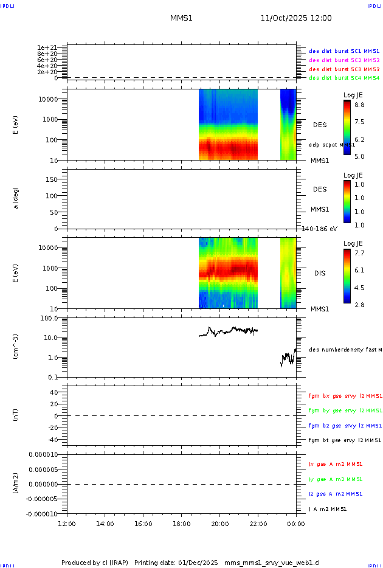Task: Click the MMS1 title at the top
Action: [x=181, y=18]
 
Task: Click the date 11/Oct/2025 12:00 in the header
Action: [x=296, y=18]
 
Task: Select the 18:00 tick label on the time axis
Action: [x=181, y=523]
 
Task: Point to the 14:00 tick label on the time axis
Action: [x=105, y=523]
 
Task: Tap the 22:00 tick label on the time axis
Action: [x=258, y=523]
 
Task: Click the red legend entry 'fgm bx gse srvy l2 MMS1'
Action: [x=345, y=396]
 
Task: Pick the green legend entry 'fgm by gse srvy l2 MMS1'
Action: [x=345, y=410]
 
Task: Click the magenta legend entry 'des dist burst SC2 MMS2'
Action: [x=344, y=60]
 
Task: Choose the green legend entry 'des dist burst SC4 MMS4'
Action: [x=344, y=78]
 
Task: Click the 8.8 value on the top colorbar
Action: [x=360, y=105]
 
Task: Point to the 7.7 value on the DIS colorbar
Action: [x=360, y=252]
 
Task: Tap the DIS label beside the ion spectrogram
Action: [x=319, y=273]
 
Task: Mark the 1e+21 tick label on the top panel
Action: [x=47, y=47]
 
